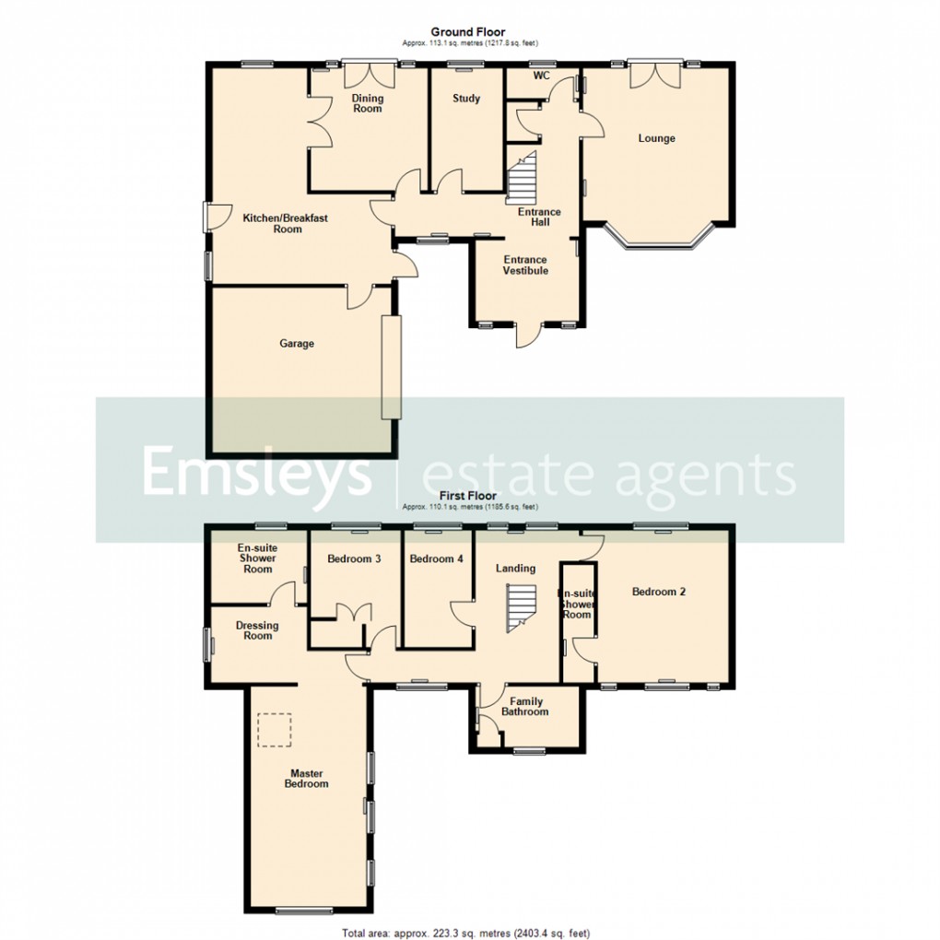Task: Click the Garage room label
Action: (297, 344)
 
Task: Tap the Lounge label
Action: (656, 138)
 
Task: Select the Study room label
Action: (466, 99)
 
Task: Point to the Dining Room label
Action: (367, 103)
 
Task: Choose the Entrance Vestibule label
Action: (524, 265)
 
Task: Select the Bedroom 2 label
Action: (658, 592)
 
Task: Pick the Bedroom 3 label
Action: (354, 559)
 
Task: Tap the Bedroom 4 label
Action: (437, 559)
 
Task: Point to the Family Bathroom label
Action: (524, 707)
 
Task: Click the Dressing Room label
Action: (257, 630)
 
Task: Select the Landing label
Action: (515, 569)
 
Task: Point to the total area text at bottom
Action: (465, 932)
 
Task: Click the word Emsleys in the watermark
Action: (255, 474)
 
